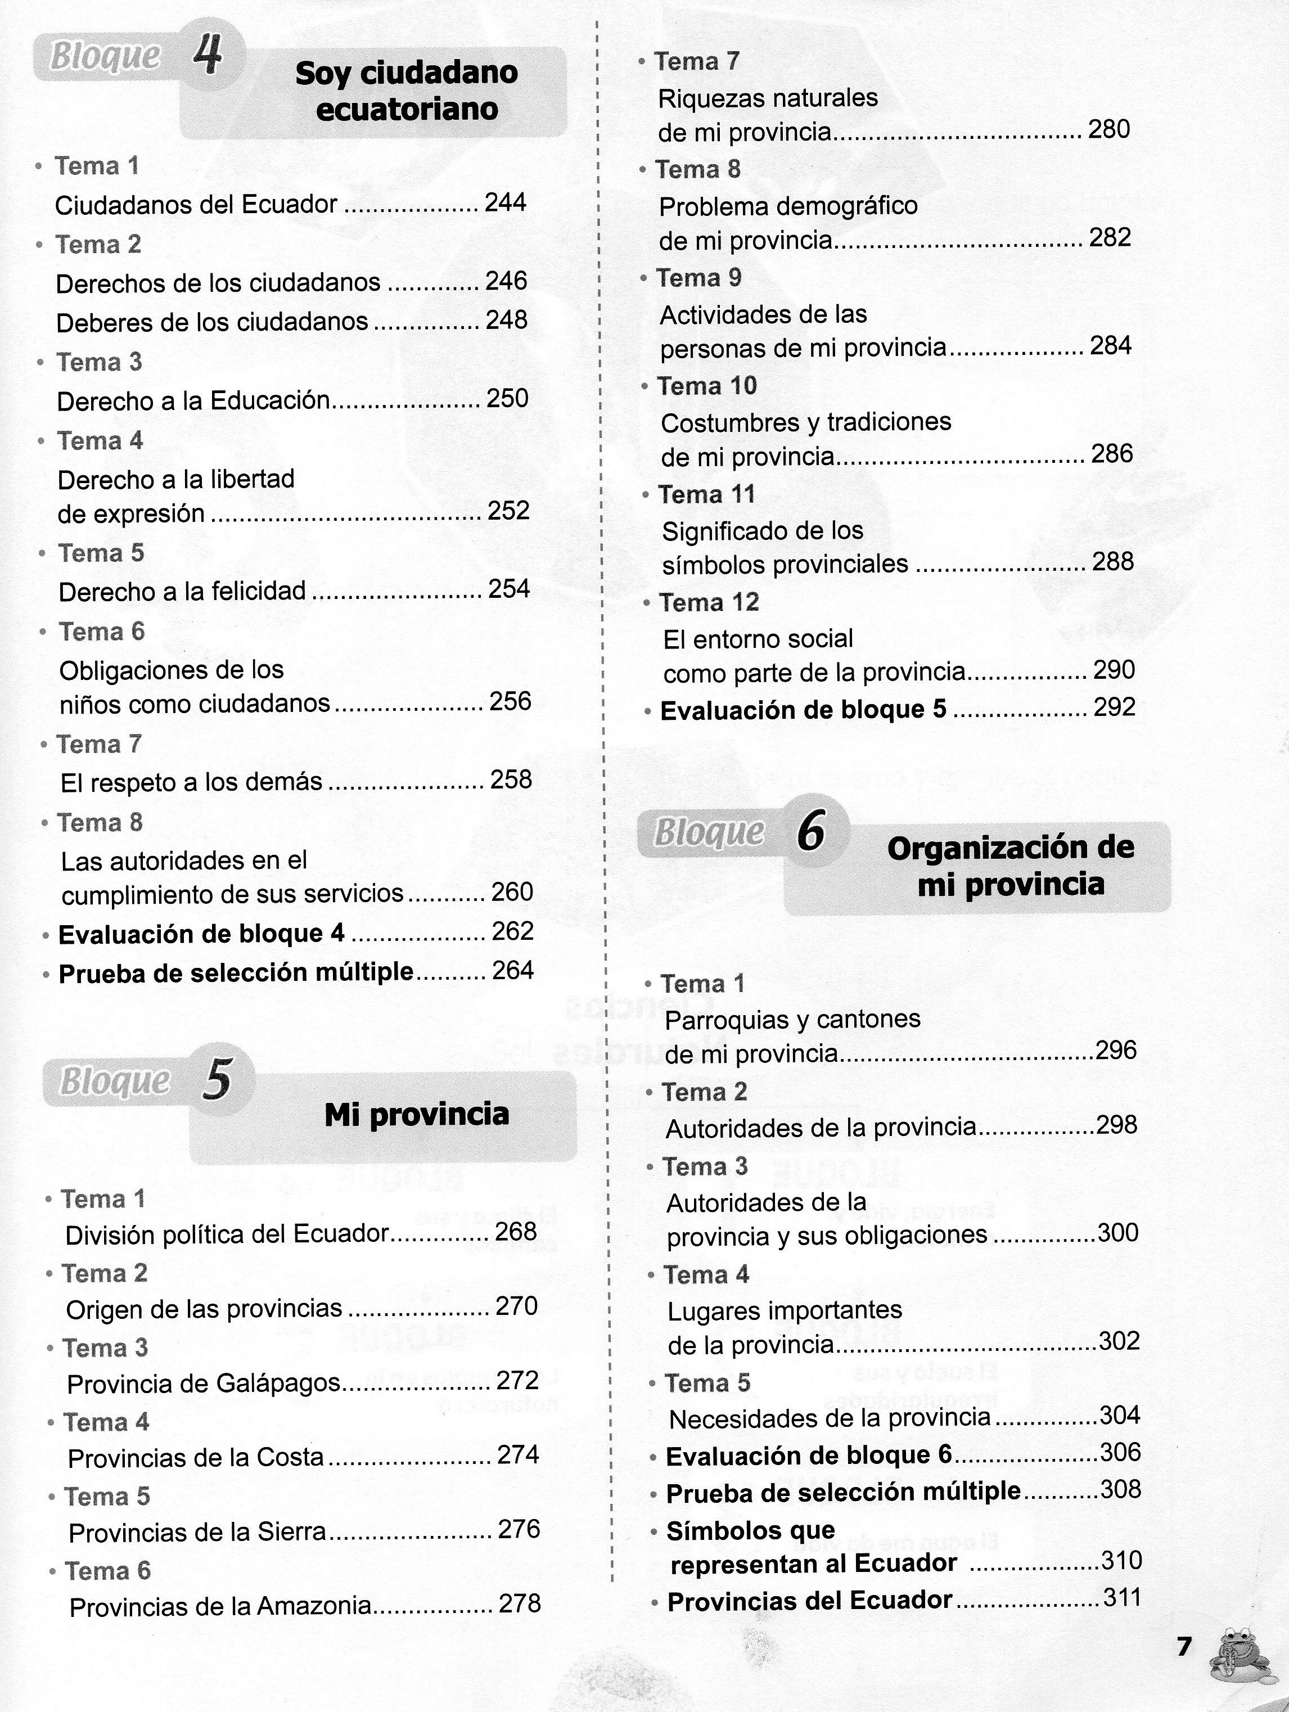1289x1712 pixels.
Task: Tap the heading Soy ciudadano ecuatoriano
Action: pyautogui.click(x=406, y=91)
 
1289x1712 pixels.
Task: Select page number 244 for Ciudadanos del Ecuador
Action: pyautogui.click(x=505, y=203)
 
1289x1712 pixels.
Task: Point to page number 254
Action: pyautogui.click(x=509, y=589)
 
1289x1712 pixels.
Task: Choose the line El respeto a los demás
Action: pyautogui.click(x=191, y=782)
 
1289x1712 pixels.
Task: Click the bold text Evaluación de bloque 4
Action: pyautogui.click(x=201, y=934)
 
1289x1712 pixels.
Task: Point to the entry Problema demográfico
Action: pyautogui.click(x=788, y=206)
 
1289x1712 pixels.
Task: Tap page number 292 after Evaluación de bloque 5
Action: pyautogui.click(x=1114, y=708)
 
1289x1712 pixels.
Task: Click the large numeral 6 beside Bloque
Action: pyautogui.click(x=810, y=832)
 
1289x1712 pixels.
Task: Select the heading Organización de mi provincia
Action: pyautogui.click(x=1009, y=866)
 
